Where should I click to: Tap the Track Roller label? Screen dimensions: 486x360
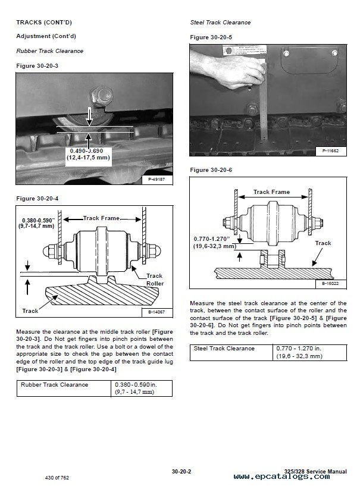click(x=154, y=280)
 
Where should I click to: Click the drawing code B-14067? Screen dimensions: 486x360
click(x=157, y=312)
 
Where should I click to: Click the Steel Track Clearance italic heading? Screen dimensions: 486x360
click(x=220, y=23)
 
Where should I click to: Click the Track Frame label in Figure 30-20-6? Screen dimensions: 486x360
click(x=271, y=192)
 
